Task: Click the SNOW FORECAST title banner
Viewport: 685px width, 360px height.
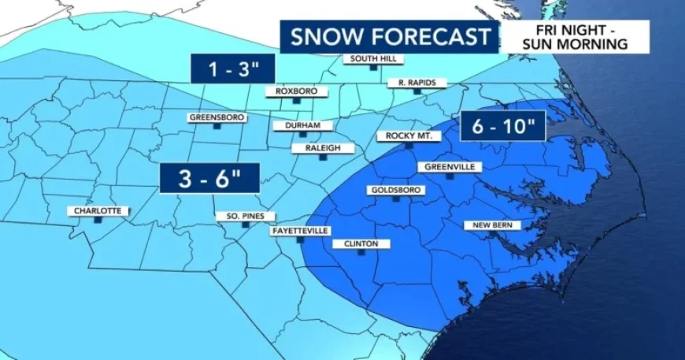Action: point(391,37)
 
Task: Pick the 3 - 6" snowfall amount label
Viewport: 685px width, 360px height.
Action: point(209,178)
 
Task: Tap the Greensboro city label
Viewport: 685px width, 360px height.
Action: point(218,118)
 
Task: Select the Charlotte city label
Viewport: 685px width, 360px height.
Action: point(98,211)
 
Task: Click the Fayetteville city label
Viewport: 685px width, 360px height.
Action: point(300,231)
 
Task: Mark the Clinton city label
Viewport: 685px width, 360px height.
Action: point(361,244)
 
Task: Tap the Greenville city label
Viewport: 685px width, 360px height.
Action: point(448,167)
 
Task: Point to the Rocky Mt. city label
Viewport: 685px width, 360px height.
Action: point(409,135)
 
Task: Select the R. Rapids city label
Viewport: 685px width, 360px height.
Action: point(417,83)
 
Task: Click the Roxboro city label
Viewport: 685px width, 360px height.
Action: point(296,91)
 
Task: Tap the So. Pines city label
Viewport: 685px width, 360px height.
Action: point(245,216)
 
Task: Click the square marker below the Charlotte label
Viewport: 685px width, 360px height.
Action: point(98,221)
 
